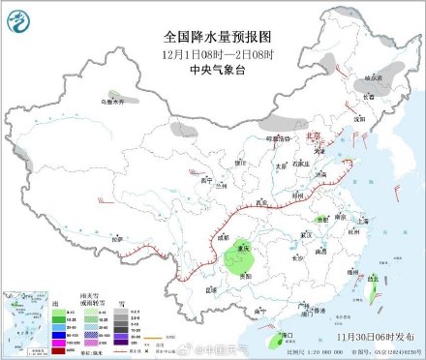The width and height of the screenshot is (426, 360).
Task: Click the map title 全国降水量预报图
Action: [212, 33]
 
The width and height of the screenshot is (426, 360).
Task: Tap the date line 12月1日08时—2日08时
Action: [212, 52]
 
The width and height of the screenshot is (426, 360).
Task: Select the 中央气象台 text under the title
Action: [212, 68]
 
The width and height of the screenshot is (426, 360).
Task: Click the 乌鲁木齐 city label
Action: [114, 101]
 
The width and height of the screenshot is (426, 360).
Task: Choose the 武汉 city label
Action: [308, 233]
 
